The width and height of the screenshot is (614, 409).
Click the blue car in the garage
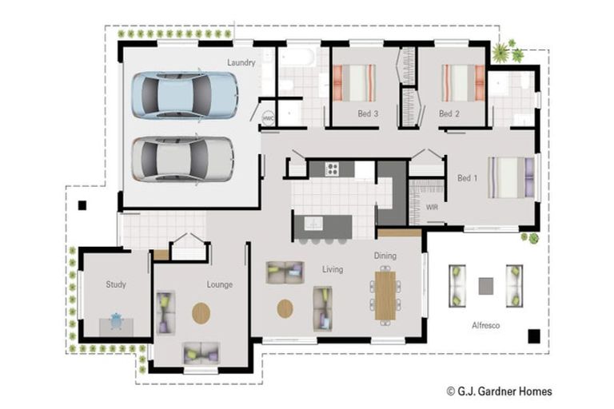pyautogui.click(x=185, y=95)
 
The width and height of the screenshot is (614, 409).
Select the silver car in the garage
pyautogui.click(x=183, y=159)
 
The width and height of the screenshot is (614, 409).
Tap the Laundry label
pyautogui.click(x=241, y=62)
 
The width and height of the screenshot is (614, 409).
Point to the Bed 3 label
pyautogui.click(x=368, y=114)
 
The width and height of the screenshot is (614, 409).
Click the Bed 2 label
pyautogui.click(x=449, y=114)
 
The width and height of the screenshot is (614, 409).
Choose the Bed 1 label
pyautogui.click(x=468, y=178)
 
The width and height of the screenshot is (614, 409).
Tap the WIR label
pyautogui.click(x=432, y=208)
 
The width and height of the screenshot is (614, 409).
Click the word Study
pyautogui.click(x=116, y=284)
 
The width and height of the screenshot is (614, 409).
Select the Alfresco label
pyautogui.click(x=485, y=325)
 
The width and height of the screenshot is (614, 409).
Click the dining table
pyautogui.click(x=385, y=296)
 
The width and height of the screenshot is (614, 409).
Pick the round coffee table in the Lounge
pyautogui.click(x=201, y=313)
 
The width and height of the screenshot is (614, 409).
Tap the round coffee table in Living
pyautogui.click(x=285, y=309)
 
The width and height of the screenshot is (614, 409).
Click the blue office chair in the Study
pyautogui.click(x=116, y=321)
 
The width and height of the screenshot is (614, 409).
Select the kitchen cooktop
pyautogui.click(x=332, y=169)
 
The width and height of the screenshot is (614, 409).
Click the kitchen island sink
pyautogui.click(x=313, y=224)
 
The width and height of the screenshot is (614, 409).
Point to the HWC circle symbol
pyautogui.click(x=269, y=117)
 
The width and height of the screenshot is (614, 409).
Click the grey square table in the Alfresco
pyautogui.click(x=486, y=286)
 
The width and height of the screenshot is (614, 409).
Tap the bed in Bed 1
pyautogui.click(x=511, y=177)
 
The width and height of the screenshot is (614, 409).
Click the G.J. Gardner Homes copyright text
pyautogui.click(x=500, y=391)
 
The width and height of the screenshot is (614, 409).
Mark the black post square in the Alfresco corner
pyautogui.click(x=534, y=336)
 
